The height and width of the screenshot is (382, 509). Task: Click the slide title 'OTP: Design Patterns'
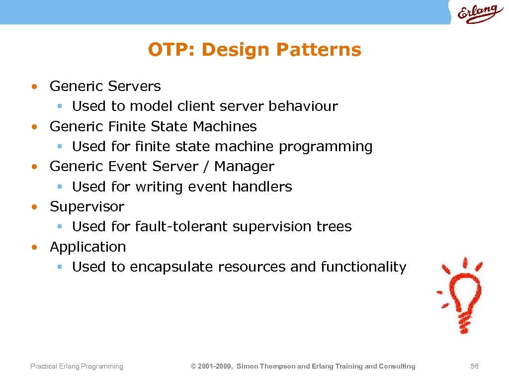pyautogui.click(x=254, y=50)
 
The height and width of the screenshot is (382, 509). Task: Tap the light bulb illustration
pyautogui.click(x=460, y=296)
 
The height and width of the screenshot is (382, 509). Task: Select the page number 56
pyautogui.click(x=474, y=366)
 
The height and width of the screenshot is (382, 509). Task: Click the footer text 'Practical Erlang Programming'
pyautogui.click(x=77, y=366)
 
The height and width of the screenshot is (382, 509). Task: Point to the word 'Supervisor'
pyautogui.click(x=87, y=206)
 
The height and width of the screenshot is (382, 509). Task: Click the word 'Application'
pyautogui.click(x=88, y=247)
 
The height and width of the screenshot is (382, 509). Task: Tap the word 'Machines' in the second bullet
pyautogui.click(x=225, y=126)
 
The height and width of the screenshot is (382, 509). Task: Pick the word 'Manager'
pyautogui.click(x=244, y=166)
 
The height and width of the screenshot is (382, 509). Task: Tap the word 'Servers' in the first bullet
pyautogui.click(x=134, y=86)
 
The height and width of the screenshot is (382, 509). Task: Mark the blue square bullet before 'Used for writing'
pyautogui.click(x=59, y=187)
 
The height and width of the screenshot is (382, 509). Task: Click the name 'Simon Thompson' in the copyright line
pyautogui.click(x=265, y=366)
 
